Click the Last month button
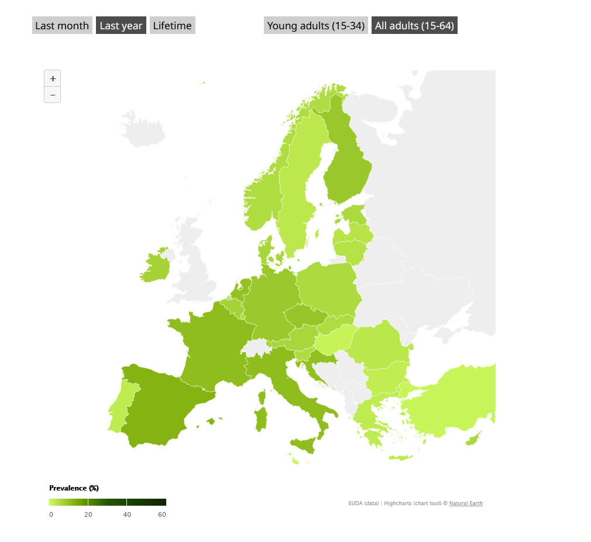click(62, 26)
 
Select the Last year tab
click(121, 26)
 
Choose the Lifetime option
click(172, 26)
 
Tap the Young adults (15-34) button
click(316, 26)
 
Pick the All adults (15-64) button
click(414, 26)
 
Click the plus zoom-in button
click(53, 78)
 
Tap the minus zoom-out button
click(53, 95)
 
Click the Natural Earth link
click(466, 503)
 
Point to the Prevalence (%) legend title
click(74, 488)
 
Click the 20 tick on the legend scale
click(88, 514)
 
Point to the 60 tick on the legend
click(162, 514)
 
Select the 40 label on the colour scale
click(127, 514)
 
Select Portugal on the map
click(120, 404)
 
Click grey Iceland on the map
click(143, 129)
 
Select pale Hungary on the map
click(336, 337)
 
